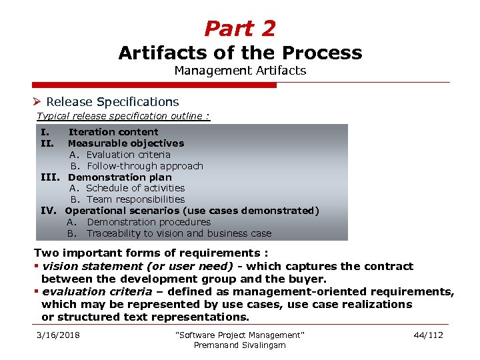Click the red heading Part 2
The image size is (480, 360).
click(x=239, y=29)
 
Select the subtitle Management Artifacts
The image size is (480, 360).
click(x=240, y=70)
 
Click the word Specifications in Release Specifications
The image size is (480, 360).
click(x=137, y=102)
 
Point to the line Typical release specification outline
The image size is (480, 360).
click(x=123, y=116)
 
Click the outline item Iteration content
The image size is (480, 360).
click(x=113, y=132)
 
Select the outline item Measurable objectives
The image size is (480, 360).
click(x=126, y=143)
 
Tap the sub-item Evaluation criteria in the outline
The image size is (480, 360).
click(x=128, y=155)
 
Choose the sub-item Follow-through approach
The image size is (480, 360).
click(x=145, y=166)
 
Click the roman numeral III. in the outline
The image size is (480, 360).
click(x=50, y=177)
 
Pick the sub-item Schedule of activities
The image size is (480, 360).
click(x=135, y=188)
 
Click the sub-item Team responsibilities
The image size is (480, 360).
click(x=135, y=199)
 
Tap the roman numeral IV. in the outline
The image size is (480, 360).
click(x=49, y=211)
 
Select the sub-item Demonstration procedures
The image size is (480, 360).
click(x=148, y=222)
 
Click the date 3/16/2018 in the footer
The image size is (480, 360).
click(x=58, y=335)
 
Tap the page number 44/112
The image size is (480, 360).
click(x=427, y=335)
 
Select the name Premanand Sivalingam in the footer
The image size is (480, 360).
click(x=239, y=345)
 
